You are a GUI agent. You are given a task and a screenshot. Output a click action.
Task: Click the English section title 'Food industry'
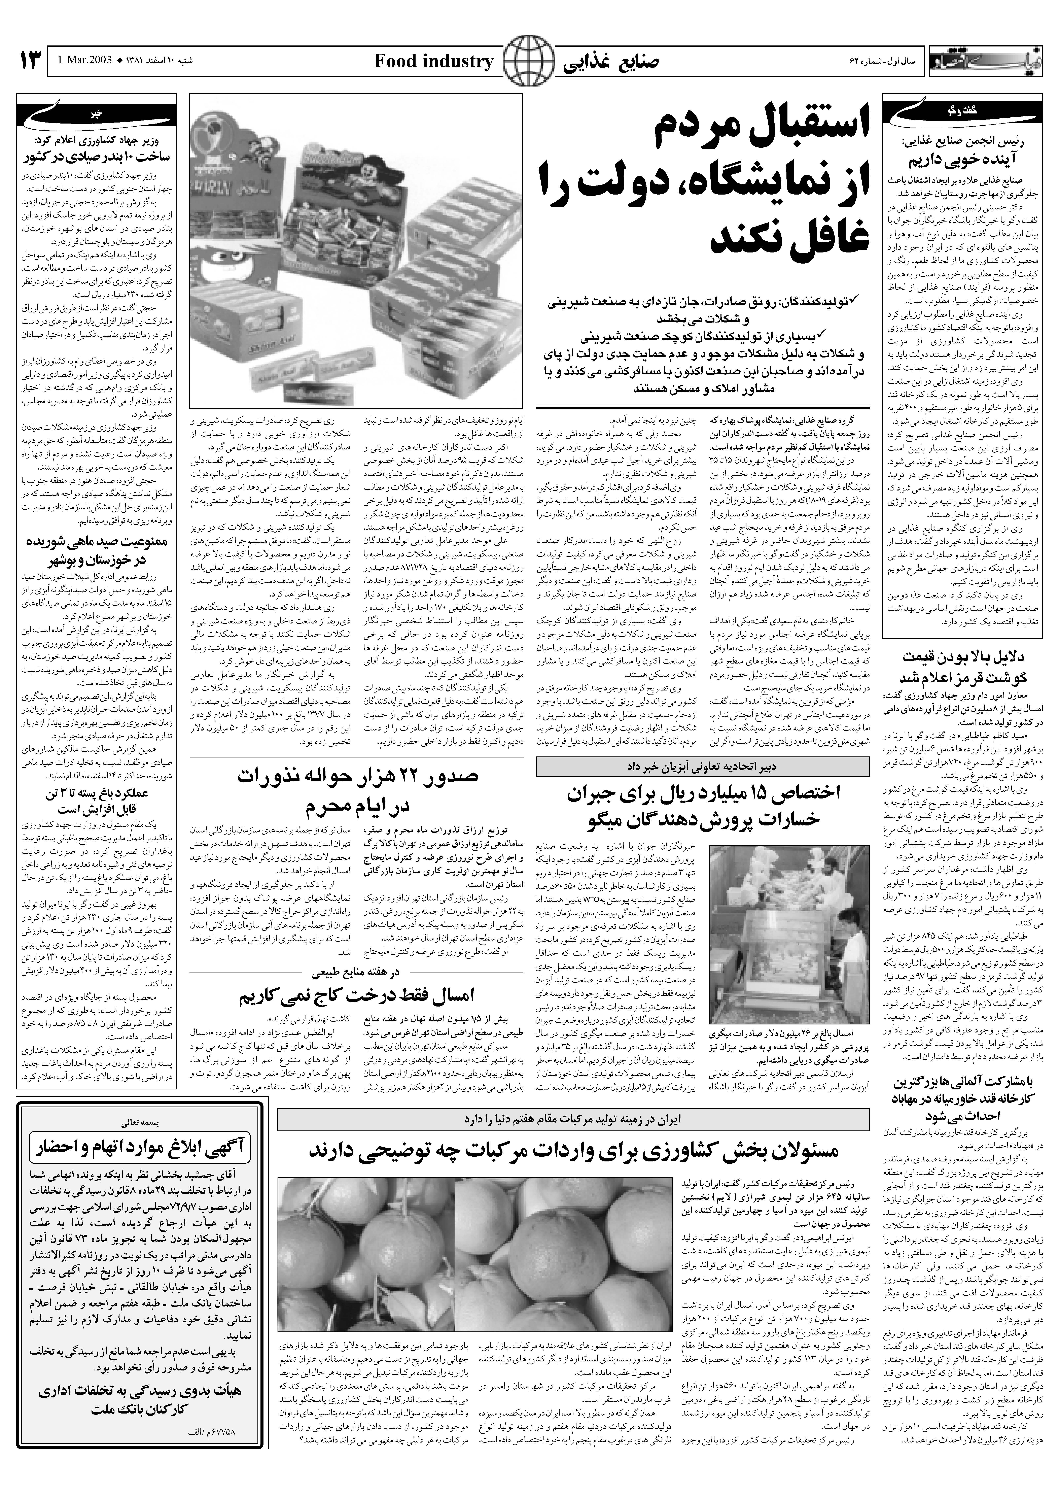pyautogui.click(x=434, y=62)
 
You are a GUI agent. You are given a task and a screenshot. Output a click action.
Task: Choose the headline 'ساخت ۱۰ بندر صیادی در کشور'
pyautogui.click(x=98, y=157)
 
